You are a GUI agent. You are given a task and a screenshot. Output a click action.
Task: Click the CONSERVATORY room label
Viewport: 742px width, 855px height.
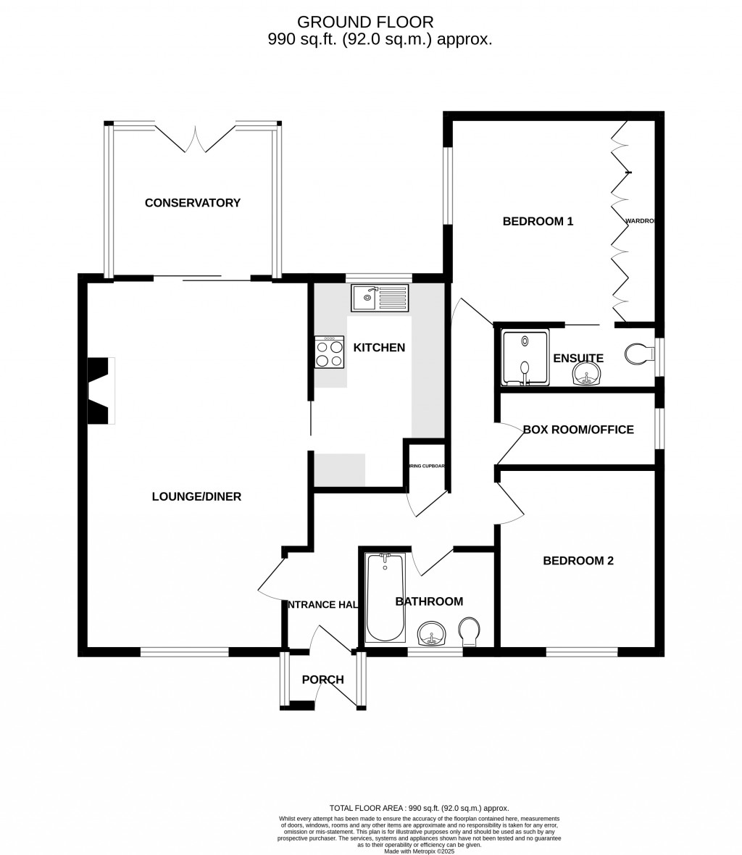click(x=192, y=203)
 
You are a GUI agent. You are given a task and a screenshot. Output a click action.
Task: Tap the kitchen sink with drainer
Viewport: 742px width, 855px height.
click(x=379, y=297)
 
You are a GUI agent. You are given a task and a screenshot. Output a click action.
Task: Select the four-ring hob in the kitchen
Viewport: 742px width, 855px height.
click(x=329, y=352)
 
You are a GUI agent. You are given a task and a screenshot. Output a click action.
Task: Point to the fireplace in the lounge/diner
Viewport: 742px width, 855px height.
click(x=101, y=391)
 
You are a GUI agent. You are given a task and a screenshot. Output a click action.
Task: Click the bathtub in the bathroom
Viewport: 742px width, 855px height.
click(x=385, y=598)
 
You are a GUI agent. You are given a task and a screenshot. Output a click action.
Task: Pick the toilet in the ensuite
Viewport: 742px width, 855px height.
click(x=638, y=355)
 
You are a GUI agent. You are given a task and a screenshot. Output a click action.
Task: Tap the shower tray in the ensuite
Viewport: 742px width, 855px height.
click(x=525, y=356)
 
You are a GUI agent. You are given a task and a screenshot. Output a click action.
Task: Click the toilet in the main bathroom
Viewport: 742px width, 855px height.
click(x=470, y=630)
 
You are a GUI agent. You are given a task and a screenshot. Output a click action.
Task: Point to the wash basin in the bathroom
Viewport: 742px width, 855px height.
click(x=433, y=634)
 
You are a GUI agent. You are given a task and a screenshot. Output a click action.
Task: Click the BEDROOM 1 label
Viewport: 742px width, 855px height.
click(x=538, y=222)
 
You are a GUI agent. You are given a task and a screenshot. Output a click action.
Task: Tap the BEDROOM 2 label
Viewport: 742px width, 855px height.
click(x=578, y=560)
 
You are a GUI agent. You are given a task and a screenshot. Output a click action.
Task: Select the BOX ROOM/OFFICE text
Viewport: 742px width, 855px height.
click(x=578, y=430)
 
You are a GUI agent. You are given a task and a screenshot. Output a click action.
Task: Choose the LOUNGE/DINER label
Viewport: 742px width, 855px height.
click(x=196, y=497)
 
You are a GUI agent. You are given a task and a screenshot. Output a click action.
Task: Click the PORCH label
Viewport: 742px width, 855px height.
click(x=322, y=680)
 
